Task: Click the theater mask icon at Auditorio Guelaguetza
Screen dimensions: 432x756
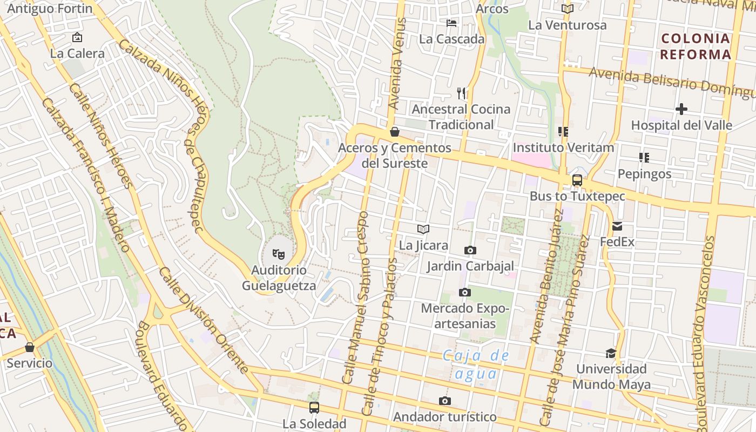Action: [278, 253]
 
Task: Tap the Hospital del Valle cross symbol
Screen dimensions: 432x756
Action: [681, 109]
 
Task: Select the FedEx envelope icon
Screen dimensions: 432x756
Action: [617, 226]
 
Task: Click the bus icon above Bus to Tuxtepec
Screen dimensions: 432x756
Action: [577, 180]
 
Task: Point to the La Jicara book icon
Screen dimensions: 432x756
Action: [423, 229]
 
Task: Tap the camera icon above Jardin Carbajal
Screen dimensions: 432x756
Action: [470, 250]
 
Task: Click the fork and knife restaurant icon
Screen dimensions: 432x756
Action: [461, 93]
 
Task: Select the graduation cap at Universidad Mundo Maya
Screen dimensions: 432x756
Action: [611, 353]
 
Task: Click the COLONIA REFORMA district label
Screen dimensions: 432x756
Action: [696, 46]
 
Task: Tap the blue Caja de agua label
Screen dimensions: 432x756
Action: [476, 364]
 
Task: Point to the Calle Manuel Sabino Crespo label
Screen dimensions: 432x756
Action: [356, 297]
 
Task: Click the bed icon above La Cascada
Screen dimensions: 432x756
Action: [451, 23]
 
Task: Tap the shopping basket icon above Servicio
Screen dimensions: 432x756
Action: [30, 347]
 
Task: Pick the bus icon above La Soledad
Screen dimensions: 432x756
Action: [314, 407]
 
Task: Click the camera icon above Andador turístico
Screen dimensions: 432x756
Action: [444, 401]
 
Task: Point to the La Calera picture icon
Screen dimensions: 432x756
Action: [77, 37]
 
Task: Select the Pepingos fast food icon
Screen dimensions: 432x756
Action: [644, 158]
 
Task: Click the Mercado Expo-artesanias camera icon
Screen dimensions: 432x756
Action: [464, 292]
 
